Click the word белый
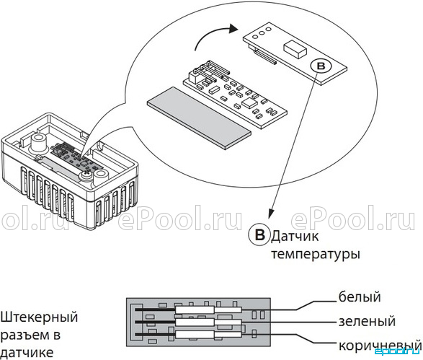(x=360, y=297)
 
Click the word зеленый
(x=367, y=321)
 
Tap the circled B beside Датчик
(x=259, y=234)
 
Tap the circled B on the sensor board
(x=321, y=66)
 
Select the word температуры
(x=316, y=255)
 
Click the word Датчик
(x=295, y=237)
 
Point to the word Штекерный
(x=39, y=317)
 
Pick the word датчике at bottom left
(x=27, y=353)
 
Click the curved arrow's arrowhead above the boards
(x=233, y=28)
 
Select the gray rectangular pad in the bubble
(x=199, y=118)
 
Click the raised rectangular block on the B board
(x=295, y=49)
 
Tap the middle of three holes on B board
(x=262, y=33)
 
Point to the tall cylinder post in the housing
(x=39, y=143)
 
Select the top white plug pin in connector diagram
(x=208, y=309)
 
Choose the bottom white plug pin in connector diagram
(x=208, y=335)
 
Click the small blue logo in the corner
(x=398, y=351)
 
